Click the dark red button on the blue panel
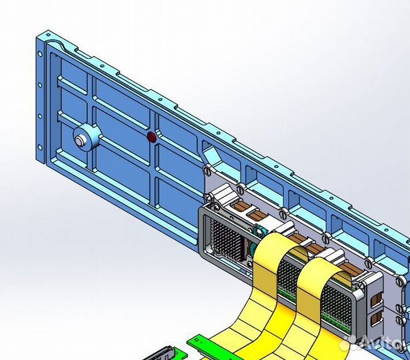(x=151, y=137)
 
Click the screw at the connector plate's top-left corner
(x=209, y=197)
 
